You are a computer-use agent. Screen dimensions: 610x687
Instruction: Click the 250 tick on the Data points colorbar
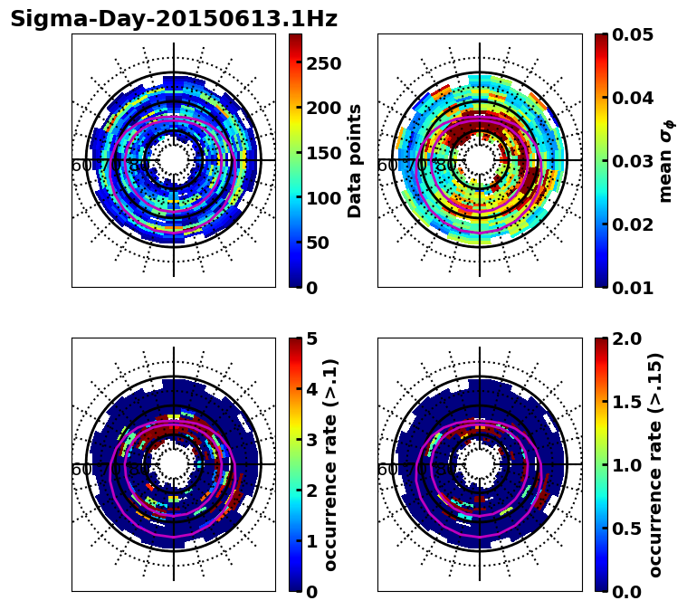point(323,63)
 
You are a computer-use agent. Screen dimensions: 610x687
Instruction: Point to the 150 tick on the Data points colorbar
point(323,153)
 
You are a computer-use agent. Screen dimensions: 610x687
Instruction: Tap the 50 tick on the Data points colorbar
point(319,243)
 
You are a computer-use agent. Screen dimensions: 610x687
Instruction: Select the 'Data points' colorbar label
point(355,160)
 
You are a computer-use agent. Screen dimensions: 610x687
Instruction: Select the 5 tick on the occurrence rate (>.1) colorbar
point(312,338)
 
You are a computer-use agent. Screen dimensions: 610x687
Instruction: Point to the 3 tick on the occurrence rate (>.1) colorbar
point(312,440)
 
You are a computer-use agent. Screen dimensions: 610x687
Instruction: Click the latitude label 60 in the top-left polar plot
point(81,166)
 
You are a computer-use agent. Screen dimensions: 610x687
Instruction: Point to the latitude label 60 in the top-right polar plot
point(386,166)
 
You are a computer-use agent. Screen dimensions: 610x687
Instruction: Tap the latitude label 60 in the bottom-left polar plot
point(81,470)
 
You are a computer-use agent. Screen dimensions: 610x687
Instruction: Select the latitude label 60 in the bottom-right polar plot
point(386,470)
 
